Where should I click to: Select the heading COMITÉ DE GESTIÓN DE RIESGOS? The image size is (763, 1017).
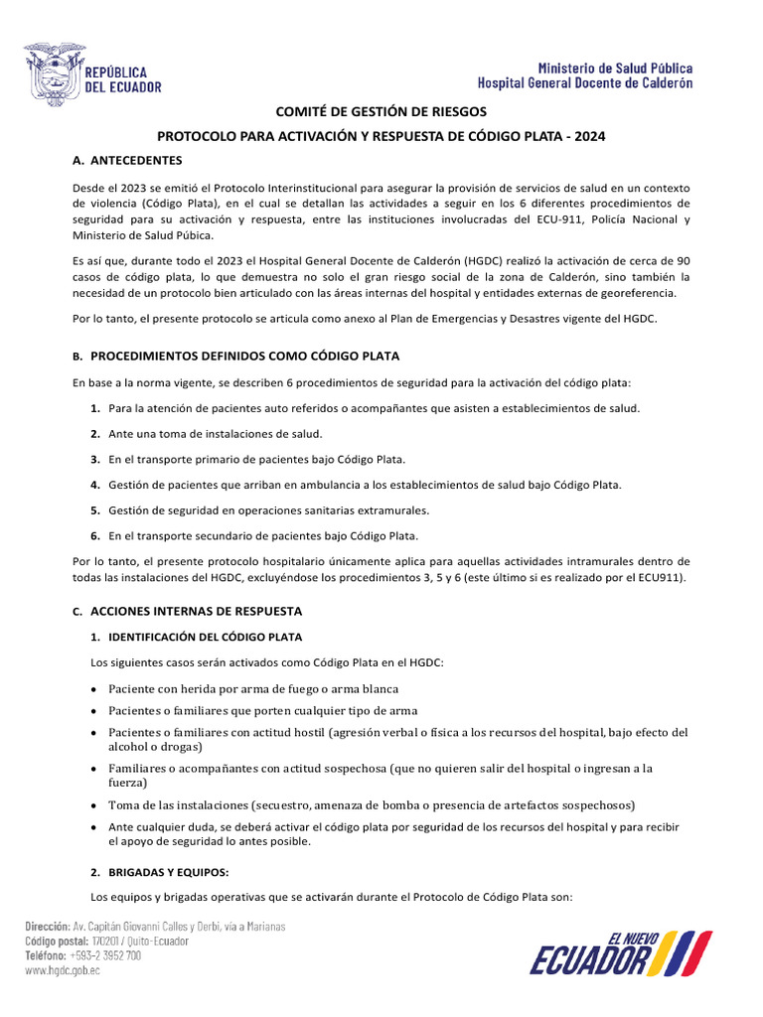[x=381, y=113]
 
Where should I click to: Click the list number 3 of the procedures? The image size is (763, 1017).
[x=95, y=460]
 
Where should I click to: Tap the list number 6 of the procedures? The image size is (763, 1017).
[x=95, y=535]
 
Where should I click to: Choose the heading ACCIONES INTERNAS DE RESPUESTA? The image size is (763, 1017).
[x=196, y=611]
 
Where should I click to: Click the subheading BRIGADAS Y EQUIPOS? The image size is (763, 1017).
[x=169, y=872]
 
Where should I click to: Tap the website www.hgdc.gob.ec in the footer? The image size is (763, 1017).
[x=63, y=970]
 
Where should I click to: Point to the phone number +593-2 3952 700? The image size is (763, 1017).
[x=103, y=955]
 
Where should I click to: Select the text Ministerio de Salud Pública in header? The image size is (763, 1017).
[x=616, y=68]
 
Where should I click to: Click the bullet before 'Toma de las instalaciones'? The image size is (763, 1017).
[x=93, y=804]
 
